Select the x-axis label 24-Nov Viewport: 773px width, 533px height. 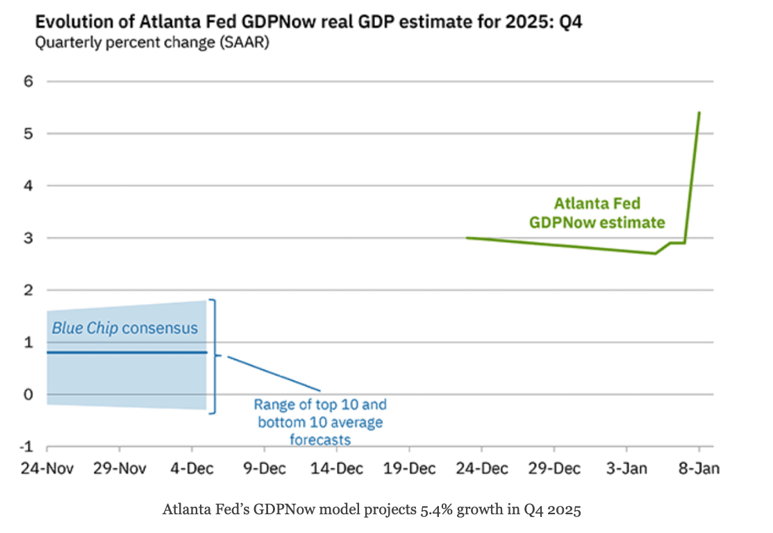click(44, 468)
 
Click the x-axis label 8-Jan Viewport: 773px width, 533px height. click(699, 468)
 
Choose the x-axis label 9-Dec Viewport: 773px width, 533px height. click(265, 468)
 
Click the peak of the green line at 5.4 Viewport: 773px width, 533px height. click(699, 112)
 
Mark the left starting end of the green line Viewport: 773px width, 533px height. click(467, 237)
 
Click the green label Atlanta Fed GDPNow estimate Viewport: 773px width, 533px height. click(597, 213)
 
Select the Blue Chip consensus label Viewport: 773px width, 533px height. click(125, 328)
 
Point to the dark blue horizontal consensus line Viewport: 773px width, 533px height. click(125, 353)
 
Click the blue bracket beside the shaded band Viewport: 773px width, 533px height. click(215, 356)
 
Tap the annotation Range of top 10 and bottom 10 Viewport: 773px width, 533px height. click(320, 413)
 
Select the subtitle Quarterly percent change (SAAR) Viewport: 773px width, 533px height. click(152, 43)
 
